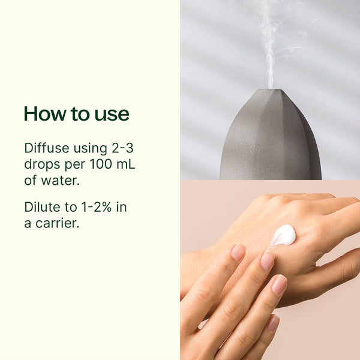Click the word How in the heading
coord(45,114)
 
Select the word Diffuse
coord(46,148)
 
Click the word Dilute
coord(42,207)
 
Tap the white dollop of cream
coord(283,235)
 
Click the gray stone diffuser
coord(270,141)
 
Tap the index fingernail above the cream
coord(238,252)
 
